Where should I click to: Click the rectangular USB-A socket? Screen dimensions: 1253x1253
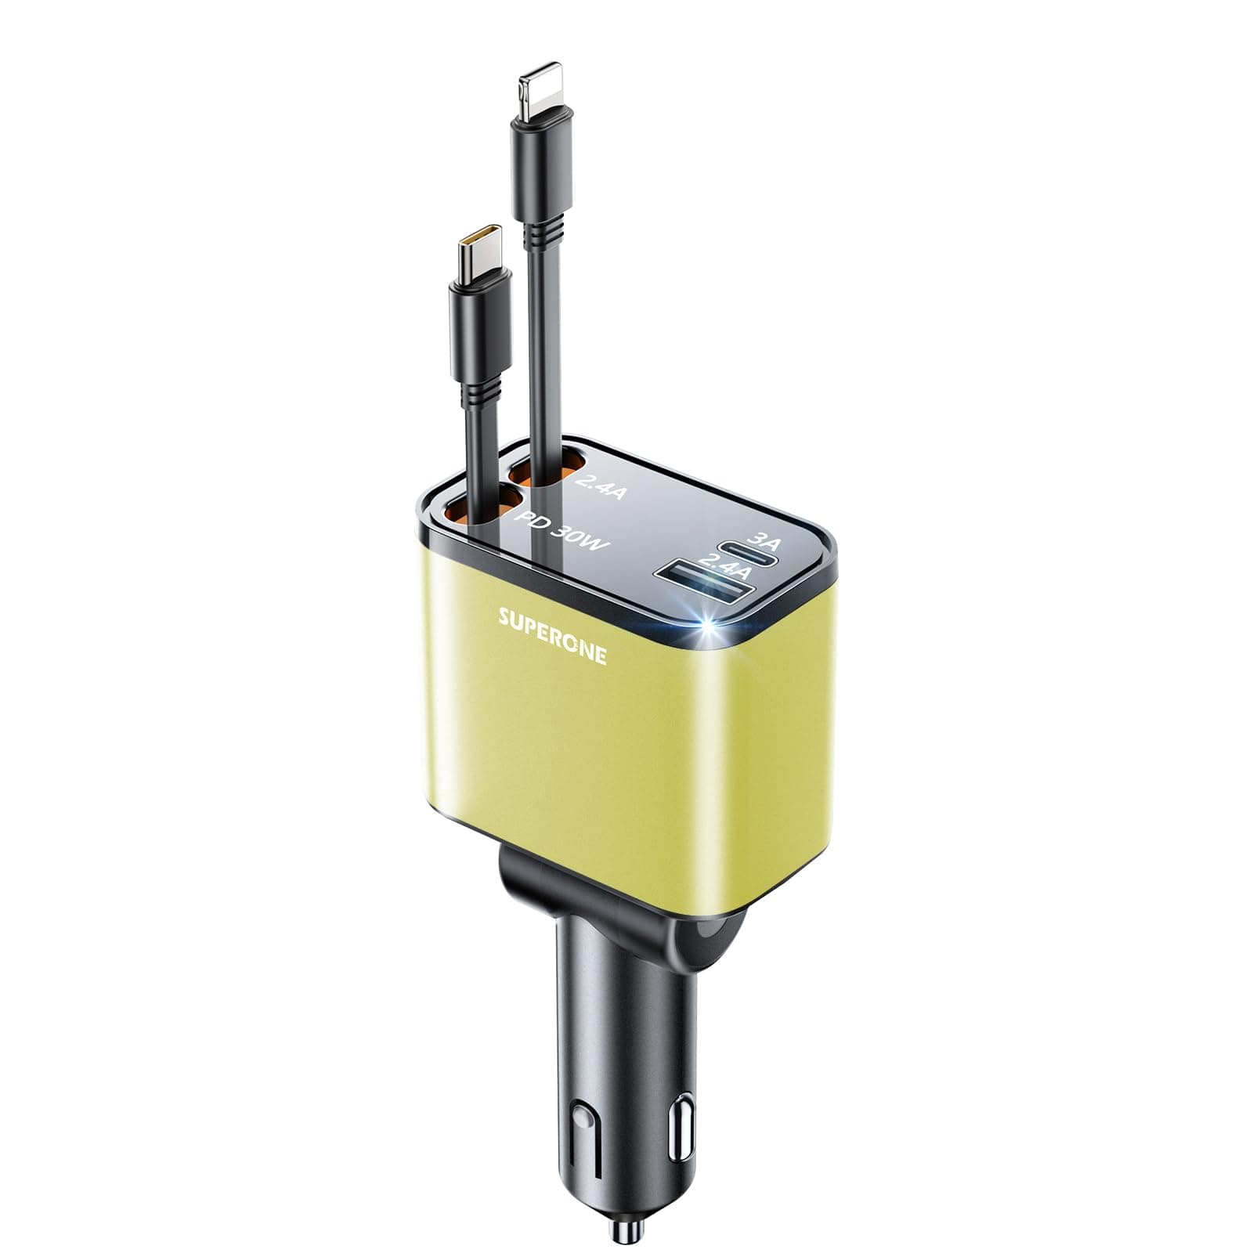click(x=708, y=588)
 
